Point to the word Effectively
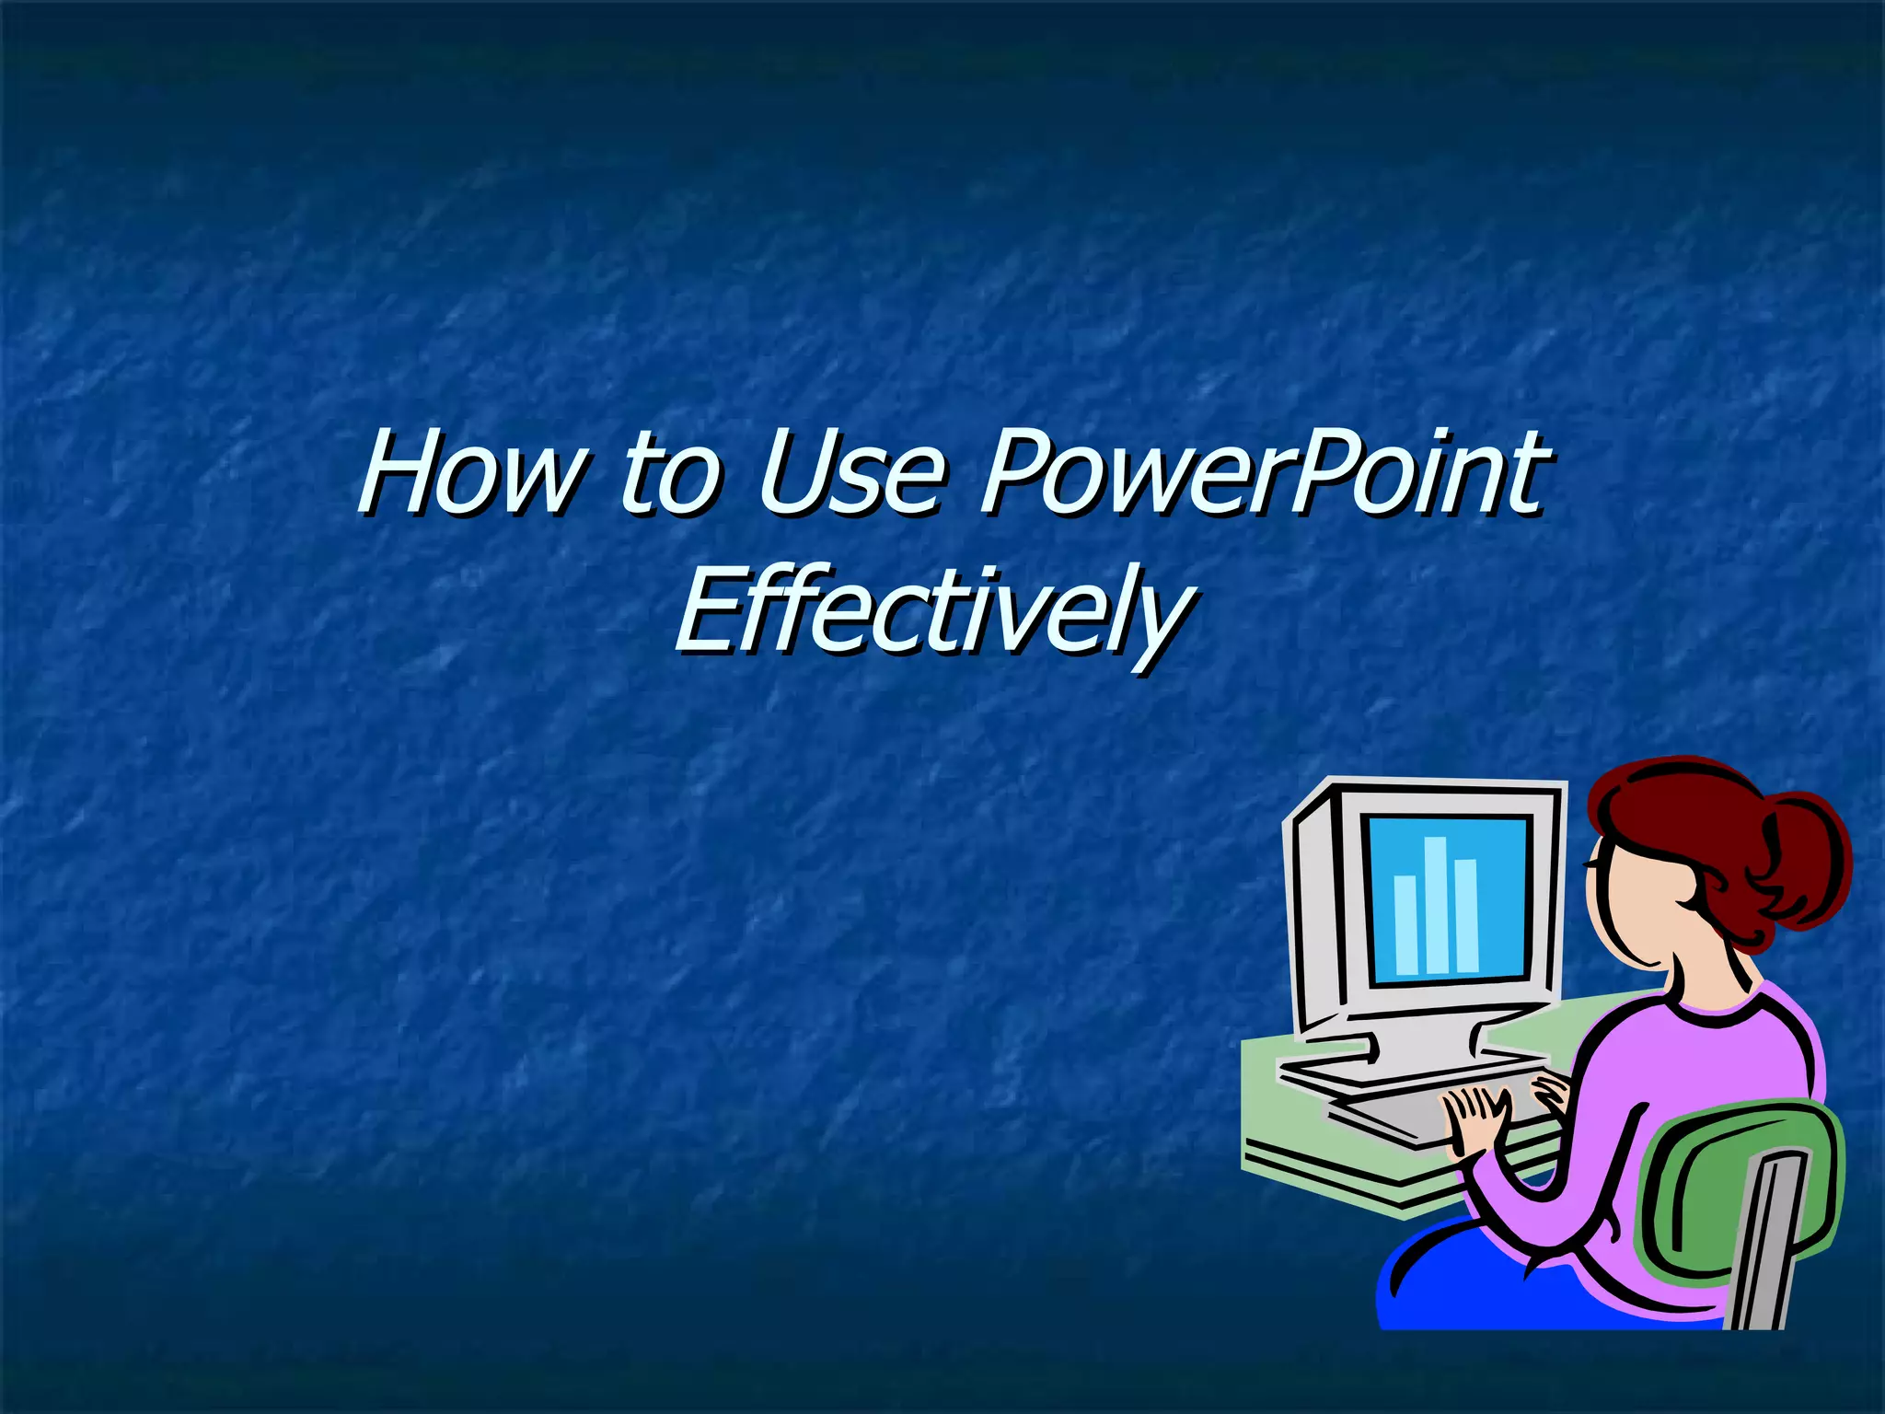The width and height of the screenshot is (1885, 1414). pyautogui.click(x=933, y=611)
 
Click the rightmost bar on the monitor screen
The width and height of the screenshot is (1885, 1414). pyautogui.click(x=1465, y=915)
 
